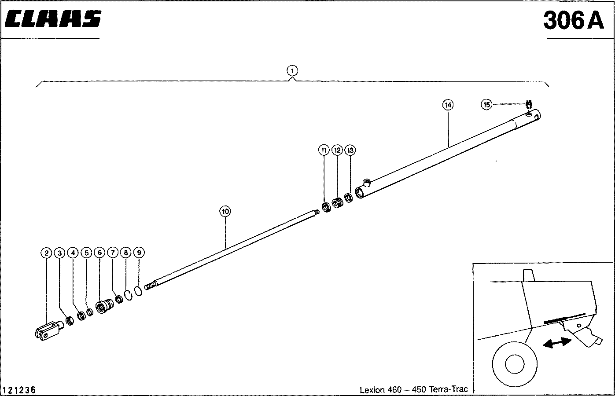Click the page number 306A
(x=574, y=20)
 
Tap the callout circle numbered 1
(x=292, y=70)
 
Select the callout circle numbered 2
(x=46, y=253)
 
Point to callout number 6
(x=99, y=253)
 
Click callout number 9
(x=139, y=253)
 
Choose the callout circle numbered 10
(x=225, y=212)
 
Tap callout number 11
(x=324, y=150)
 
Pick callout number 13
(x=350, y=150)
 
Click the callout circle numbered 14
(x=448, y=105)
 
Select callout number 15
(x=486, y=104)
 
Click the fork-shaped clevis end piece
(x=47, y=330)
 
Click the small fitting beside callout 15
(x=530, y=104)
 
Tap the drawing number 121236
(x=19, y=390)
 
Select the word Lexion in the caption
(x=372, y=390)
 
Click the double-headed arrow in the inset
(x=557, y=343)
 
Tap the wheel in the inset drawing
(x=513, y=363)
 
